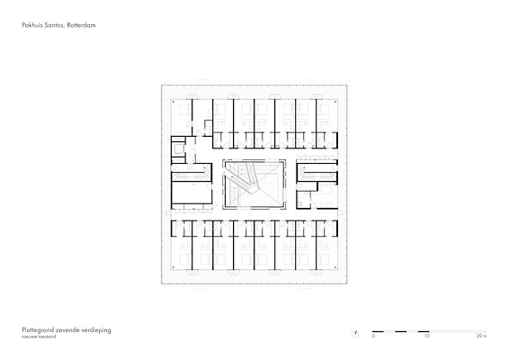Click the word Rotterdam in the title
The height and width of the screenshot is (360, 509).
pos(81,25)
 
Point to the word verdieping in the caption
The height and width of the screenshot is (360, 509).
pos(97,330)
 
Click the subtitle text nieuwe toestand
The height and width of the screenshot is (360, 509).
pos(39,337)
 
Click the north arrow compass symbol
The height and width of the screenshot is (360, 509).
pos(355,334)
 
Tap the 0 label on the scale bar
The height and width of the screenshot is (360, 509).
pos(373,336)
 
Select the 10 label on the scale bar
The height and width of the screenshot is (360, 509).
pos(426,336)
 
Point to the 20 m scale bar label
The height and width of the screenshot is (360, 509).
pos(482,336)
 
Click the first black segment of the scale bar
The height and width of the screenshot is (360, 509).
pos(378,331)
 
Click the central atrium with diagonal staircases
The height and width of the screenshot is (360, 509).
pos(254,184)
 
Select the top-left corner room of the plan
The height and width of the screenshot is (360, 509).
pos(182,117)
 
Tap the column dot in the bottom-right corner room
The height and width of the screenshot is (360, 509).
pos(335,267)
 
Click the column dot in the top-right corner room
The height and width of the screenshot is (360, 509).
pos(335,102)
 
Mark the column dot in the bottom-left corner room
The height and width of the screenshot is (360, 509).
pos(174,267)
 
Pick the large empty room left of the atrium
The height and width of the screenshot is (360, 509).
pos(192,193)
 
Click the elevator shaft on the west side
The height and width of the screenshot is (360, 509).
pos(178,149)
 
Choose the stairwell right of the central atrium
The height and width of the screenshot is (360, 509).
pos(317,172)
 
